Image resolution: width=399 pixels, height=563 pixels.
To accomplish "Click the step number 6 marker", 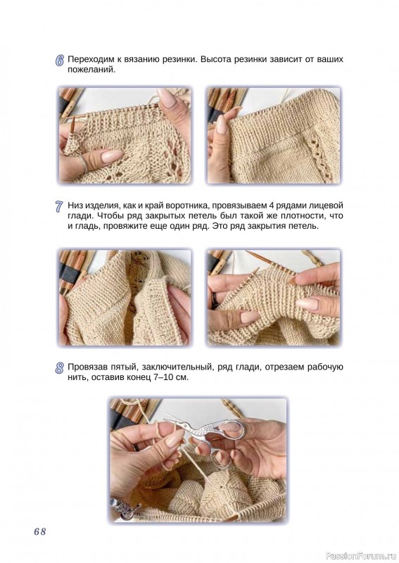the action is pos(60,61).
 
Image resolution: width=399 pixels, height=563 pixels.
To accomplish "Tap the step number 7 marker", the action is pos(60,207).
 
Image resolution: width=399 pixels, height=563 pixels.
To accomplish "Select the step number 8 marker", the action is pos(60,368).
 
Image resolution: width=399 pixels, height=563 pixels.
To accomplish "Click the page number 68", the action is pos(40,531).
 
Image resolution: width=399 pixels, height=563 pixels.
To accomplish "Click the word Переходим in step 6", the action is pos(90,59).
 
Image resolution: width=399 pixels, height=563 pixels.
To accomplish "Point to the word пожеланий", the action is pos(91,70).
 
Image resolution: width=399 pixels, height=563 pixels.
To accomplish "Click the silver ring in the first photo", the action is pos(82,163).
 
